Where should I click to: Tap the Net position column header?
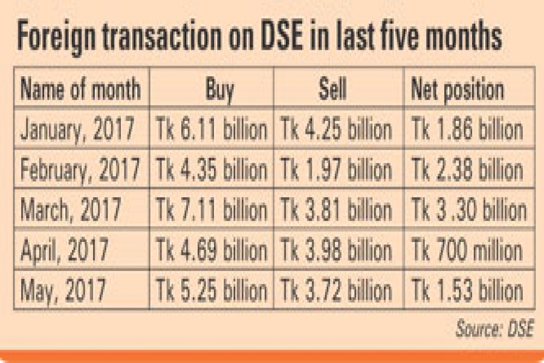[457, 90]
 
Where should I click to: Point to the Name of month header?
[80, 90]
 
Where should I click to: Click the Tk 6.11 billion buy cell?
[212, 130]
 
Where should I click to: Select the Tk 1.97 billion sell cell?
[336, 170]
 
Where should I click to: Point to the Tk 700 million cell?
[467, 250]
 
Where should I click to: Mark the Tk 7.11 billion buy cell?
[212, 211]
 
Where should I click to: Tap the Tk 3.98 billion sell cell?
[336, 250]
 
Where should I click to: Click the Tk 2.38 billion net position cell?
[467, 170]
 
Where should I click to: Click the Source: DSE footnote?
[494, 330]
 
